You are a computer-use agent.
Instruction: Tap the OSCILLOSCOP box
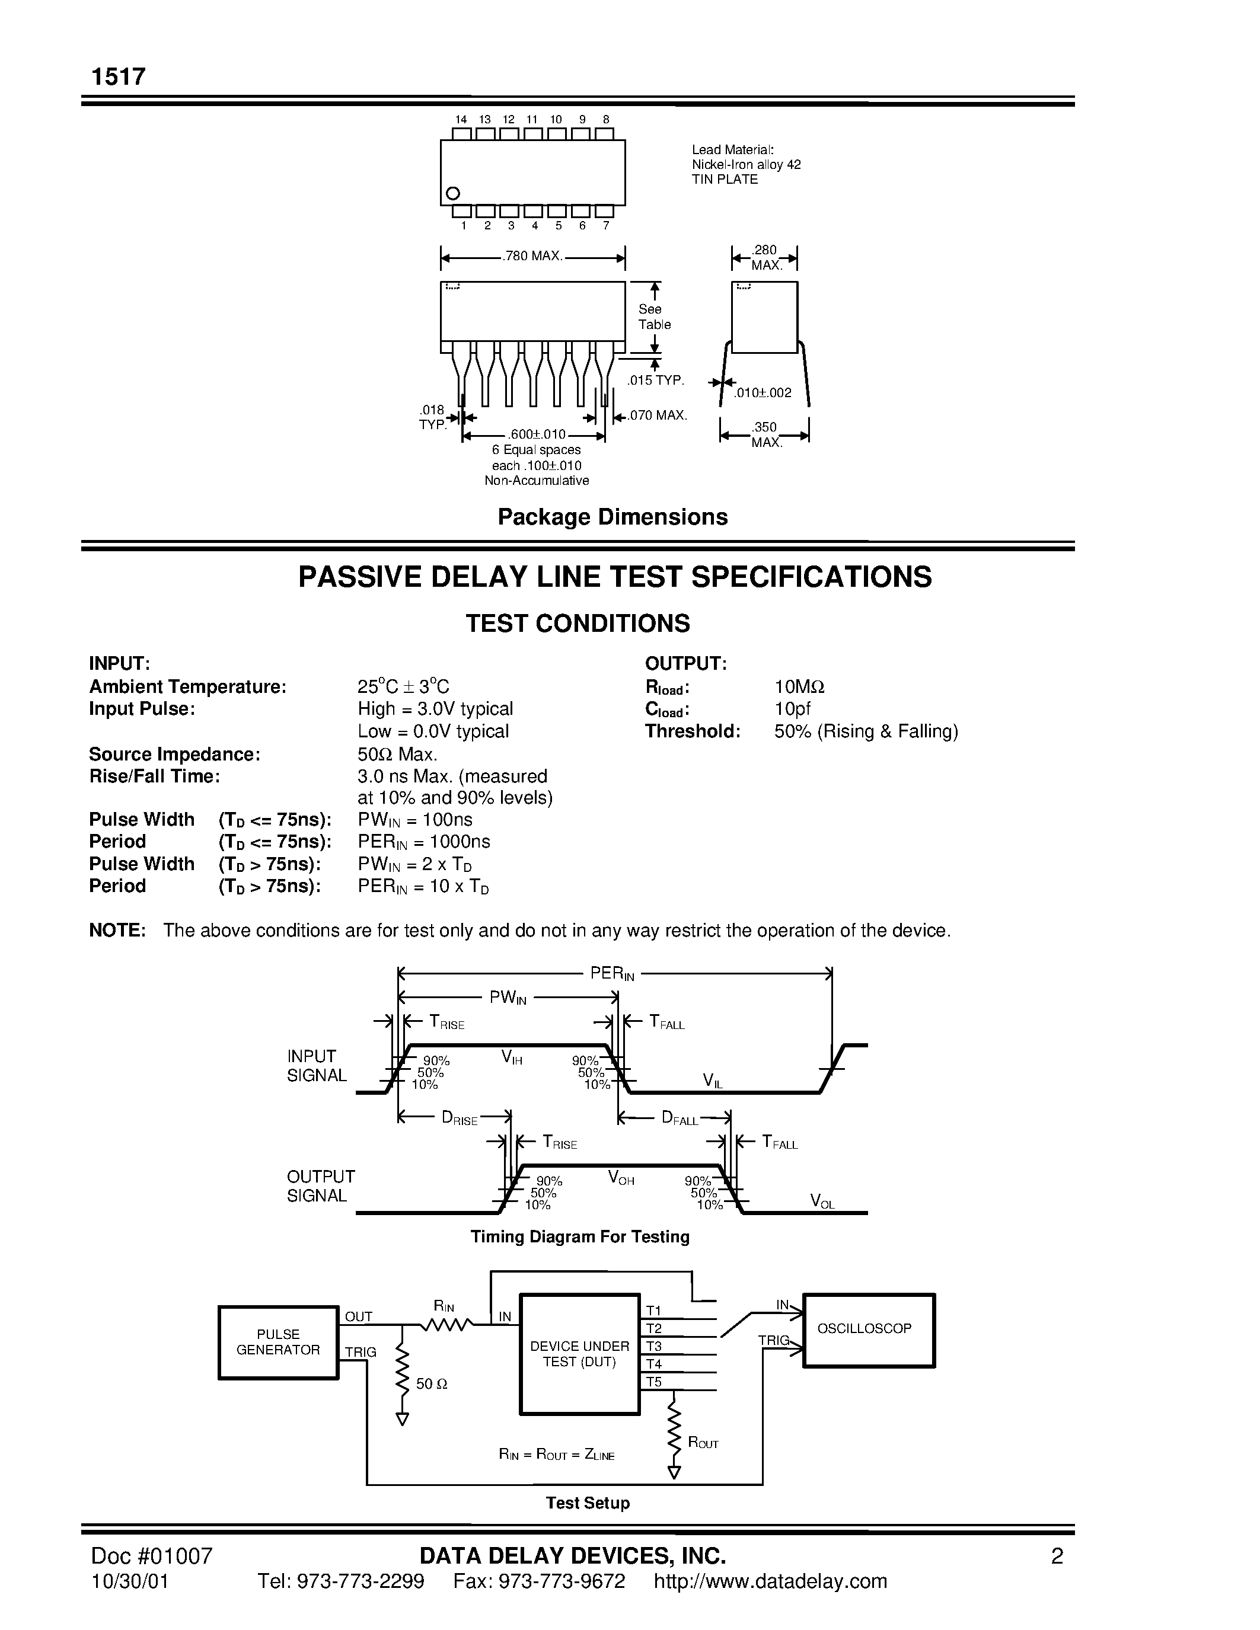pos(868,1330)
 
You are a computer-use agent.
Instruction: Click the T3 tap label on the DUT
pos(654,1345)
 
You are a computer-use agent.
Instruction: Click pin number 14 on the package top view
pos(461,119)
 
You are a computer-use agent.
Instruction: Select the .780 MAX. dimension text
pos(532,256)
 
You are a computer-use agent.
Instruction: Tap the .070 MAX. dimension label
pos(656,415)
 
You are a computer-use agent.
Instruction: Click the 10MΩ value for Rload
pos(799,686)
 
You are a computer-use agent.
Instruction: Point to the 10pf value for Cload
pos(792,709)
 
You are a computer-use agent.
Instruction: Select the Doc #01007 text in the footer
pos(152,1555)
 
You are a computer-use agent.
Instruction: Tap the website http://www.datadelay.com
pos(770,1581)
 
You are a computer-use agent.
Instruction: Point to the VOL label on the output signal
pos(822,1201)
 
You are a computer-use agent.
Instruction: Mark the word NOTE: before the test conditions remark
pos(117,930)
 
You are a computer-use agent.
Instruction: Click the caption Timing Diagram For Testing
pos(579,1236)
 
